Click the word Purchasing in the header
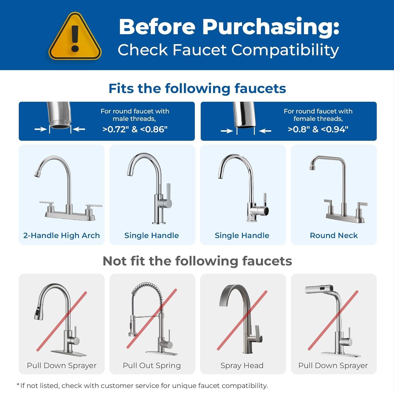(x=271, y=27)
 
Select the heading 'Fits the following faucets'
(x=197, y=89)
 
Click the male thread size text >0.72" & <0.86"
(x=135, y=129)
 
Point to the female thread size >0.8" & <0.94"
(x=318, y=129)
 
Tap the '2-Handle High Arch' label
(x=61, y=235)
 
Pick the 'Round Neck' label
(x=334, y=235)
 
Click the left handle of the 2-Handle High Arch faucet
(x=47, y=203)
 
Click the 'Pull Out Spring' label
(x=152, y=365)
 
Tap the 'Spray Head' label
(x=242, y=365)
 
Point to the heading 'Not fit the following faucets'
(x=197, y=261)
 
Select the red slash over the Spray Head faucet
(x=242, y=320)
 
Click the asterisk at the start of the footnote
(x=18, y=385)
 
